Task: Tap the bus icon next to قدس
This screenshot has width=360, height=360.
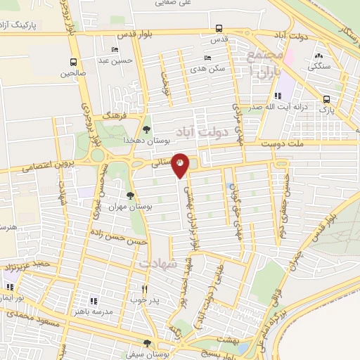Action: coord(220,29)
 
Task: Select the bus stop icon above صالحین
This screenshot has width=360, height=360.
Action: coord(74,61)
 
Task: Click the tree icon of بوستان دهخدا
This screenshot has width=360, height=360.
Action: coord(146,129)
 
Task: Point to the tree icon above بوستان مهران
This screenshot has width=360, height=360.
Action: coord(130,196)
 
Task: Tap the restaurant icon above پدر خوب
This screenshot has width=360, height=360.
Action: coord(146,288)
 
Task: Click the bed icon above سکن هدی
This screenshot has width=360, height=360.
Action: coord(206,58)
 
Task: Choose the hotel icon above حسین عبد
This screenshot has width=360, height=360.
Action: coord(115,50)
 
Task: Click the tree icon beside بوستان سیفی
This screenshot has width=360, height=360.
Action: coord(146,343)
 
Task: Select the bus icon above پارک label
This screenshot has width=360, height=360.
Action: coord(326,99)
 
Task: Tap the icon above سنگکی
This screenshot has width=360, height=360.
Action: coord(320,55)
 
